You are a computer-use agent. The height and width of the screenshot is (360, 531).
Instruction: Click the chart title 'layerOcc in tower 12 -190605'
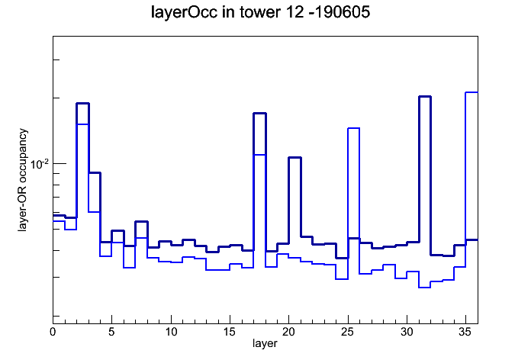pyautogui.click(x=260, y=12)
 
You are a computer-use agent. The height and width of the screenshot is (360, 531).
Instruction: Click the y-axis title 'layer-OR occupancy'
pyautogui.click(x=23, y=180)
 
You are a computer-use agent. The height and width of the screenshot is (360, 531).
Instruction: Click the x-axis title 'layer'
pyautogui.click(x=265, y=343)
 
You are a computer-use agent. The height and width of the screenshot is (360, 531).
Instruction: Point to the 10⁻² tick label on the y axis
pyautogui.click(x=40, y=164)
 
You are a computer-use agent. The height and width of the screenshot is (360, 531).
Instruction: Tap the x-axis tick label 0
pyautogui.click(x=53, y=332)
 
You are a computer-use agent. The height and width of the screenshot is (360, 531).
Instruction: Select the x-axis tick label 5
pyautogui.click(x=111, y=332)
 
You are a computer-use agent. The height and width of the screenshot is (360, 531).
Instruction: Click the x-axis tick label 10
pyautogui.click(x=171, y=332)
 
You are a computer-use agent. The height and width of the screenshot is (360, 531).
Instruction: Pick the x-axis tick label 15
pyautogui.click(x=230, y=332)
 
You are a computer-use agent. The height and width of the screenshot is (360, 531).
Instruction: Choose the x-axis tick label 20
pyautogui.click(x=288, y=332)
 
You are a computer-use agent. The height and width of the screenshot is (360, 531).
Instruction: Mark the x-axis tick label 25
pyautogui.click(x=347, y=332)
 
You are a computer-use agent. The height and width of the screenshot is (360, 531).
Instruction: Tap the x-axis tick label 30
pyautogui.click(x=407, y=332)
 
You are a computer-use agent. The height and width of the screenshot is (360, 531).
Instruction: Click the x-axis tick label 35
pyautogui.click(x=465, y=332)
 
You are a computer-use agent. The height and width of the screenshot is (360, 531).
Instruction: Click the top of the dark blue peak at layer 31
pyautogui.click(x=425, y=97)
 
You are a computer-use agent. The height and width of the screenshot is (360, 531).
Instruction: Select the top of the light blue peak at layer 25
pyautogui.click(x=353, y=128)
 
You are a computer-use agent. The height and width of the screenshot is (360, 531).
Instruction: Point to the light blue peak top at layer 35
pyautogui.click(x=471, y=92)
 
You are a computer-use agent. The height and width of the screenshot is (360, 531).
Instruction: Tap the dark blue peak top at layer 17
pyautogui.click(x=259, y=113)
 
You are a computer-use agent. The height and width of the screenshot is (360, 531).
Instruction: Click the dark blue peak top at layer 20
pyautogui.click(x=294, y=157)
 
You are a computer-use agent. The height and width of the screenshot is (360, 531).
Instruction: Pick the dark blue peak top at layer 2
pyautogui.click(x=82, y=103)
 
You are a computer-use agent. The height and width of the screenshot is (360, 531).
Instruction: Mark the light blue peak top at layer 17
pyautogui.click(x=259, y=155)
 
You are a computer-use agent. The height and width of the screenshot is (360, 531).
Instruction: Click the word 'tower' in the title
pyautogui.click(x=260, y=12)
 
